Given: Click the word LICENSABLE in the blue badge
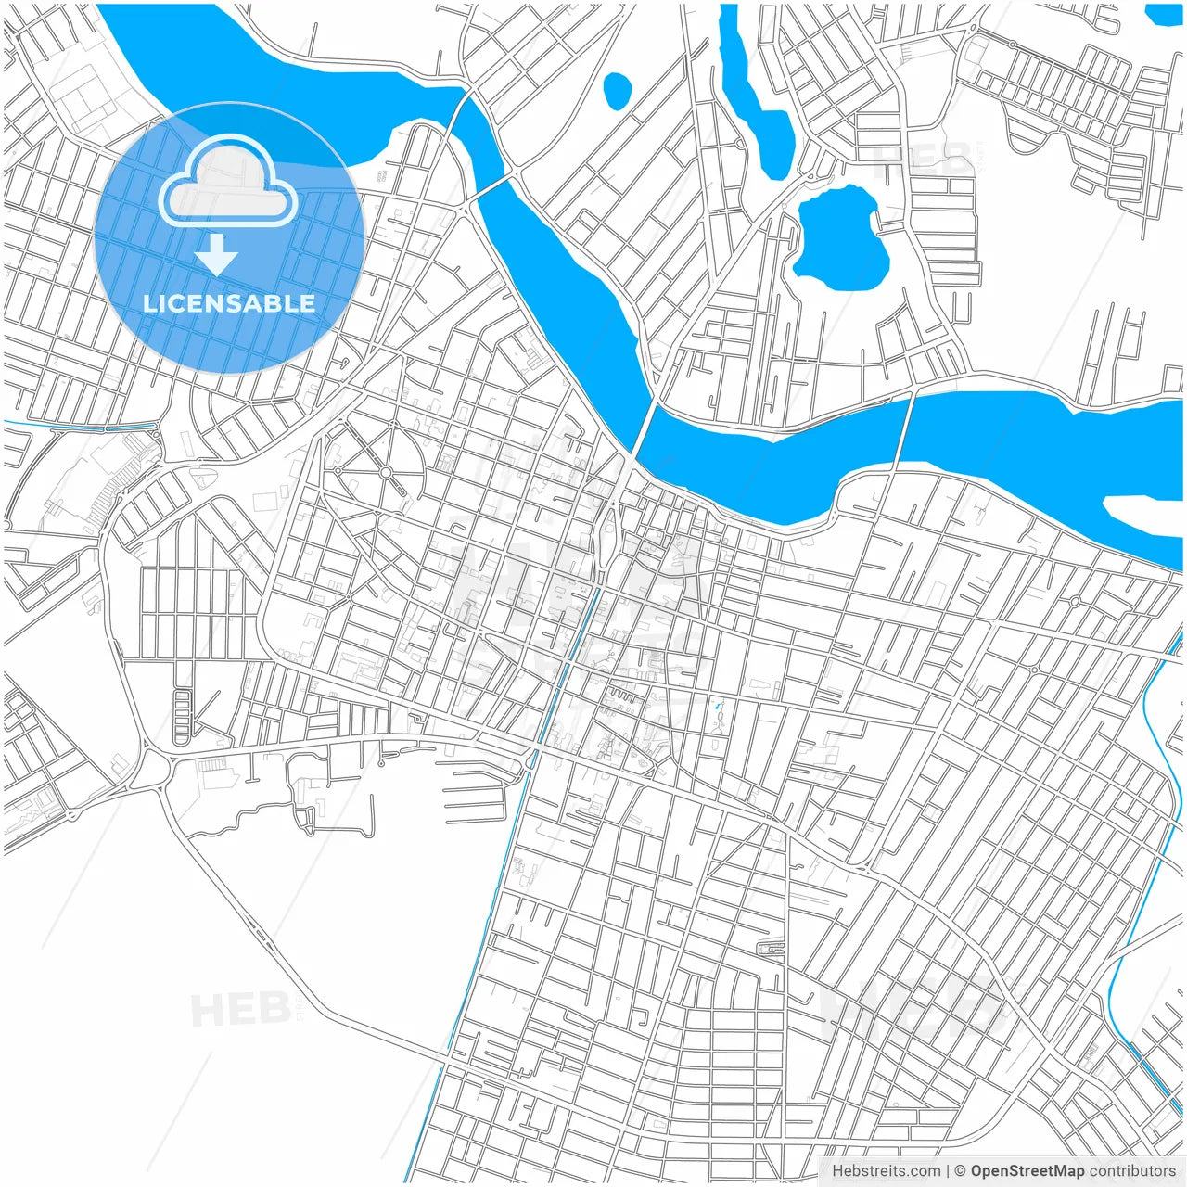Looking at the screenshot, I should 229,303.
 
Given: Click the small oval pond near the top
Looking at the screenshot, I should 617,90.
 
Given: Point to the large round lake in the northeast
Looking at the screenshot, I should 840,240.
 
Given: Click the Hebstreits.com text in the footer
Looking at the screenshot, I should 886,1171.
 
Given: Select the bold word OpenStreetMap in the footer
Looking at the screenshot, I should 1027,1171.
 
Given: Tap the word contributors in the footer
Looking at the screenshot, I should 1131,1171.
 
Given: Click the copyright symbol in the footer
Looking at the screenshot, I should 961,1171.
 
